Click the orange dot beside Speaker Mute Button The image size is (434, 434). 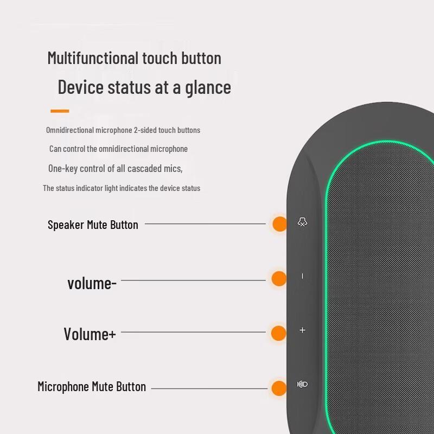[279, 224]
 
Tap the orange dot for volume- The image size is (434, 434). [279, 278]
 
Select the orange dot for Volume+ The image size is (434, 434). [278, 333]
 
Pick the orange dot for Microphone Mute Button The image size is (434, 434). [279, 388]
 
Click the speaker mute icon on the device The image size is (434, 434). [302, 222]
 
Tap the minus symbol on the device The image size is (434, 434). [303, 276]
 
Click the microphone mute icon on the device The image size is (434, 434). [302, 384]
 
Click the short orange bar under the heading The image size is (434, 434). [60, 111]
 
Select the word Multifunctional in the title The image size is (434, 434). [93, 58]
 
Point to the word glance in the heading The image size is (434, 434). [208, 88]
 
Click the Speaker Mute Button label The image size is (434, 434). [93, 225]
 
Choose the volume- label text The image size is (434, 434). [92, 284]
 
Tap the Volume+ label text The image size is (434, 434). [90, 334]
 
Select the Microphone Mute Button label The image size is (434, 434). [92, 387]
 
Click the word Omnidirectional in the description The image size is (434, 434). [69, 130]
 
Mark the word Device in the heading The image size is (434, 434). [80, 87]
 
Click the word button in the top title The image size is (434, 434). [201, 58]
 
